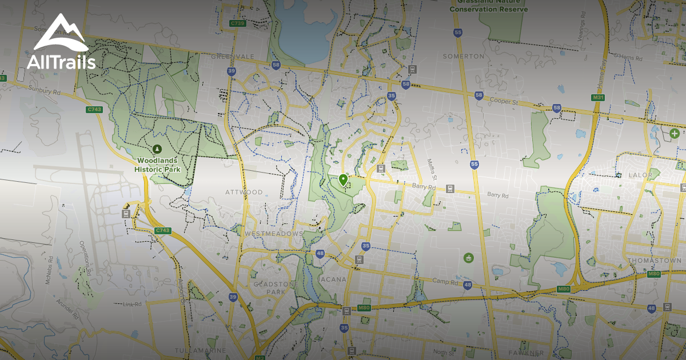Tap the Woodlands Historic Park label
click(157, 165)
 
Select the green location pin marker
click(343, 181)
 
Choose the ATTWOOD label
click(244, 192)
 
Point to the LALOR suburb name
click(640, 175)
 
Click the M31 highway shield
click(599, 98)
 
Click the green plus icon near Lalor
click(675, 133)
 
